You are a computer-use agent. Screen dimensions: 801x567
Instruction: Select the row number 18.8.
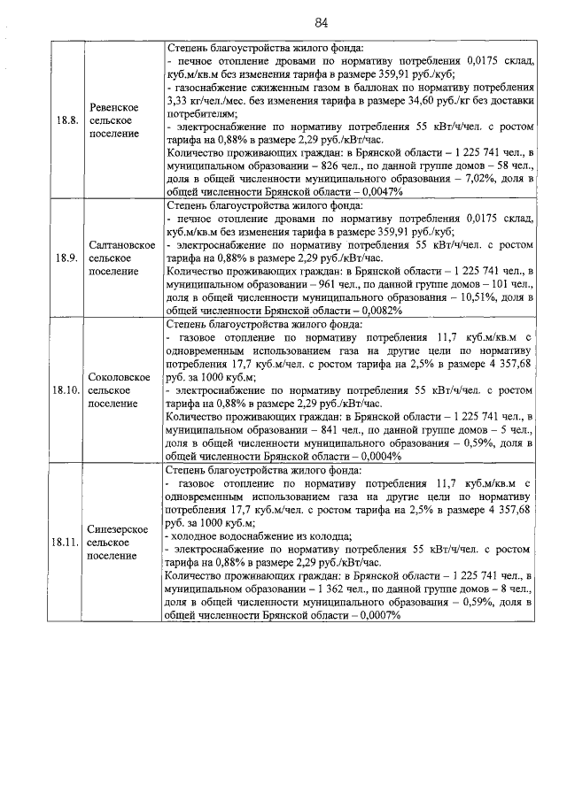(66, 120)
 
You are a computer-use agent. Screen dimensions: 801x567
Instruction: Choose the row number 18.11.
(66, 541)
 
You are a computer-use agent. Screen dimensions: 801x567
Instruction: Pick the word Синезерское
(114, 528)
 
